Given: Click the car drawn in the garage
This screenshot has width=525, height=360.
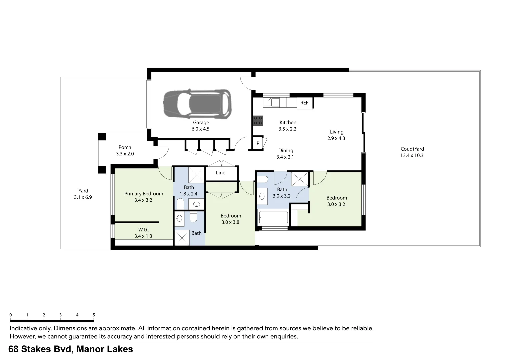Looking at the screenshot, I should tap(197, 104).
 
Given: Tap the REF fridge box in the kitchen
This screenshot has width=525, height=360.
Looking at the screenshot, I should tap(304, 103).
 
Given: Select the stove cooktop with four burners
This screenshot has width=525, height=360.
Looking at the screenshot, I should tap(258, 120).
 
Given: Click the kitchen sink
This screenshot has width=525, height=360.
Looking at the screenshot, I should tap(271, 102).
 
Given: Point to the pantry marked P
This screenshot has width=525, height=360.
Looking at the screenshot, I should tap(258, 143).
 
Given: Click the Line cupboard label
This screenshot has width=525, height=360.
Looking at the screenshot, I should tap(221, 173).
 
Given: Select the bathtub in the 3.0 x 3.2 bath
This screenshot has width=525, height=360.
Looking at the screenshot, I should tap(273, 219).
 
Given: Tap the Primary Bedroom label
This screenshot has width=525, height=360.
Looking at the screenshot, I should tap(144, 193).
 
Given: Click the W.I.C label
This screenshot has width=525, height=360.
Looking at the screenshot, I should tap(144, 229).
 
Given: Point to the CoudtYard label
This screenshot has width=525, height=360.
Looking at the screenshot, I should tap(412, 149).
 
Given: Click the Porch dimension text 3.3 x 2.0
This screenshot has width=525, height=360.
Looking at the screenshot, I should tap(125, 154).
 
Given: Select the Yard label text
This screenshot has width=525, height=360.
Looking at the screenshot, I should tap(83, 191).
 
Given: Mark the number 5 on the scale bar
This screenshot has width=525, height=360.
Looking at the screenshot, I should tap(94, 315).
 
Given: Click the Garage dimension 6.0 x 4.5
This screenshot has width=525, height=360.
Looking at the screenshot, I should tap(201, 129).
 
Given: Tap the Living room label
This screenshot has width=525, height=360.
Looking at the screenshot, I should tap(337, 132).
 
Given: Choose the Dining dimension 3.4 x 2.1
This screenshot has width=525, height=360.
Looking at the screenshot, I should tap(285, 157).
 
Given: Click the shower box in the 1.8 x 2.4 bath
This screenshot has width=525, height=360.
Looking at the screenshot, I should tap(196, 175).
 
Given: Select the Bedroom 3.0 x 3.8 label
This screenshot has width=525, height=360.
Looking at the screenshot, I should tap(231, 216).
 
